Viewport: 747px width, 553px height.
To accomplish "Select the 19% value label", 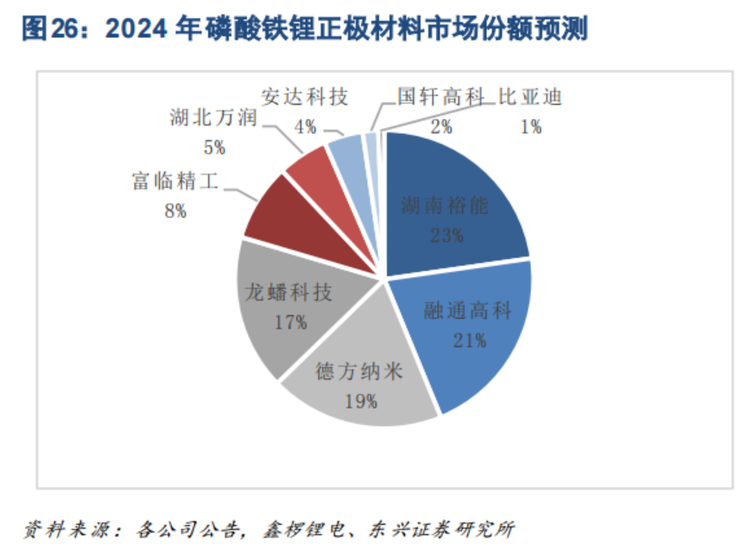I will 360,400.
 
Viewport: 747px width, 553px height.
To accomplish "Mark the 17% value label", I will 289,322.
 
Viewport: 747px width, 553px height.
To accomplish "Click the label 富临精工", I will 174,181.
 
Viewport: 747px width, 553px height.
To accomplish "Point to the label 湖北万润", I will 212,118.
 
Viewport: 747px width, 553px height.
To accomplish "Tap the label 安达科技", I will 306,97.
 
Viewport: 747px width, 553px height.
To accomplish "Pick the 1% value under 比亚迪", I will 530,127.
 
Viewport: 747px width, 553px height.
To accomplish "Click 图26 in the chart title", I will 45,30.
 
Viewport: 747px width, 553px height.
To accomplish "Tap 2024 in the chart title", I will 136,30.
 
